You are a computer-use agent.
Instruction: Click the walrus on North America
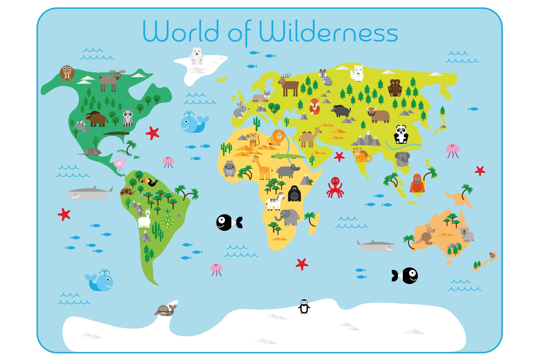pyautogui.click(x=67, y=73)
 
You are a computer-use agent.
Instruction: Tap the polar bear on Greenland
pyautogui.click(x=196, y=56)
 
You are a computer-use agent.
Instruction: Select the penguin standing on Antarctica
pyautogui.click(x=304, y=307)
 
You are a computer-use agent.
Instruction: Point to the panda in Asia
pyautogui.click(x=401, y=134)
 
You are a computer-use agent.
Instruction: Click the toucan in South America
pyautogui.click(x=150, y=182)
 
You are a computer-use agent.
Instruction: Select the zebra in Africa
pyautogui.click(x=275, y=202)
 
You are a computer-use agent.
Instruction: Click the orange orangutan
pyautogui.click(x=417, y=183)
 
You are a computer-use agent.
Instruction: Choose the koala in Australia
pyautogui.click(x=466, y=234)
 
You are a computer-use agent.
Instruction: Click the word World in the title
pyautogui.click(x=181, y=31)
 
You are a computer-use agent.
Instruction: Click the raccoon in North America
pyautogui.click(x=128, y=118)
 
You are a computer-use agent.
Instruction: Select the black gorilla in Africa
pyautogui.click(x=294, y=194)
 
